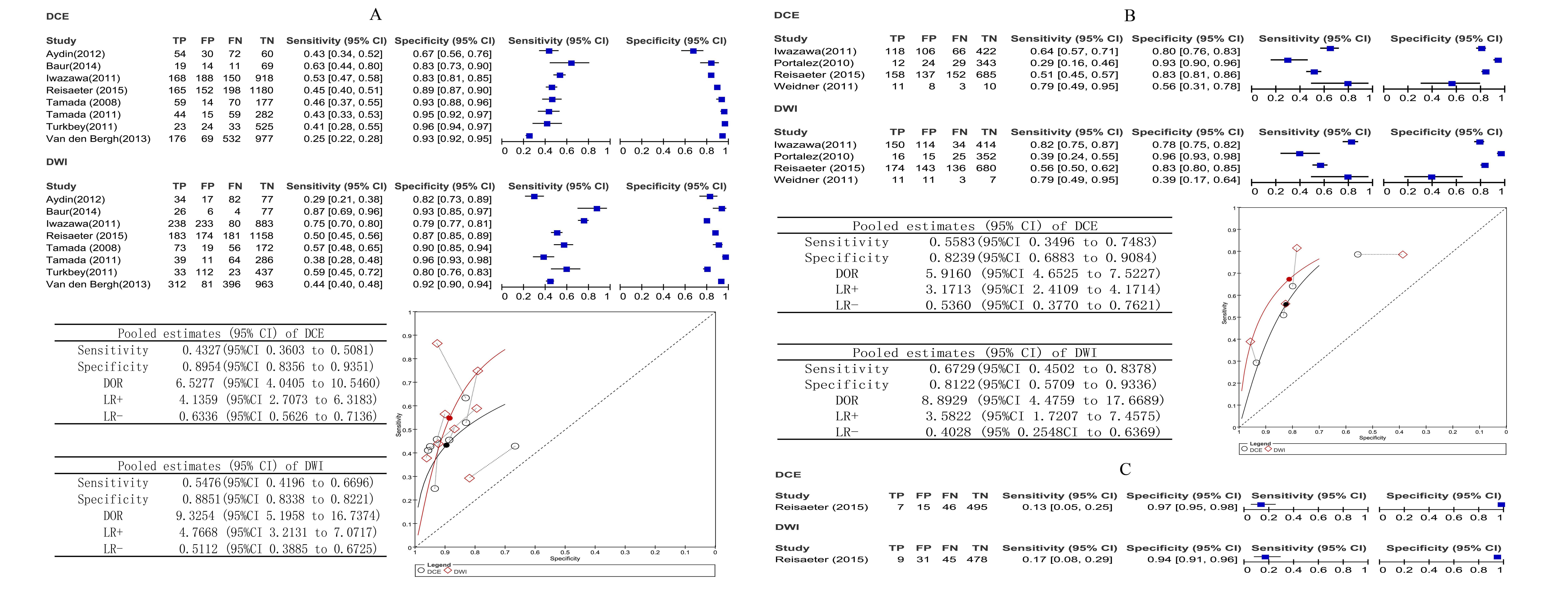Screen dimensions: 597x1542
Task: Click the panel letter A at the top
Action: pos(375,14)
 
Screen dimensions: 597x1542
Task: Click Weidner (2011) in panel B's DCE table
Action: pos(815,86)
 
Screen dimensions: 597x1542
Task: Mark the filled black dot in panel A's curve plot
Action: pos(446,445)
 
